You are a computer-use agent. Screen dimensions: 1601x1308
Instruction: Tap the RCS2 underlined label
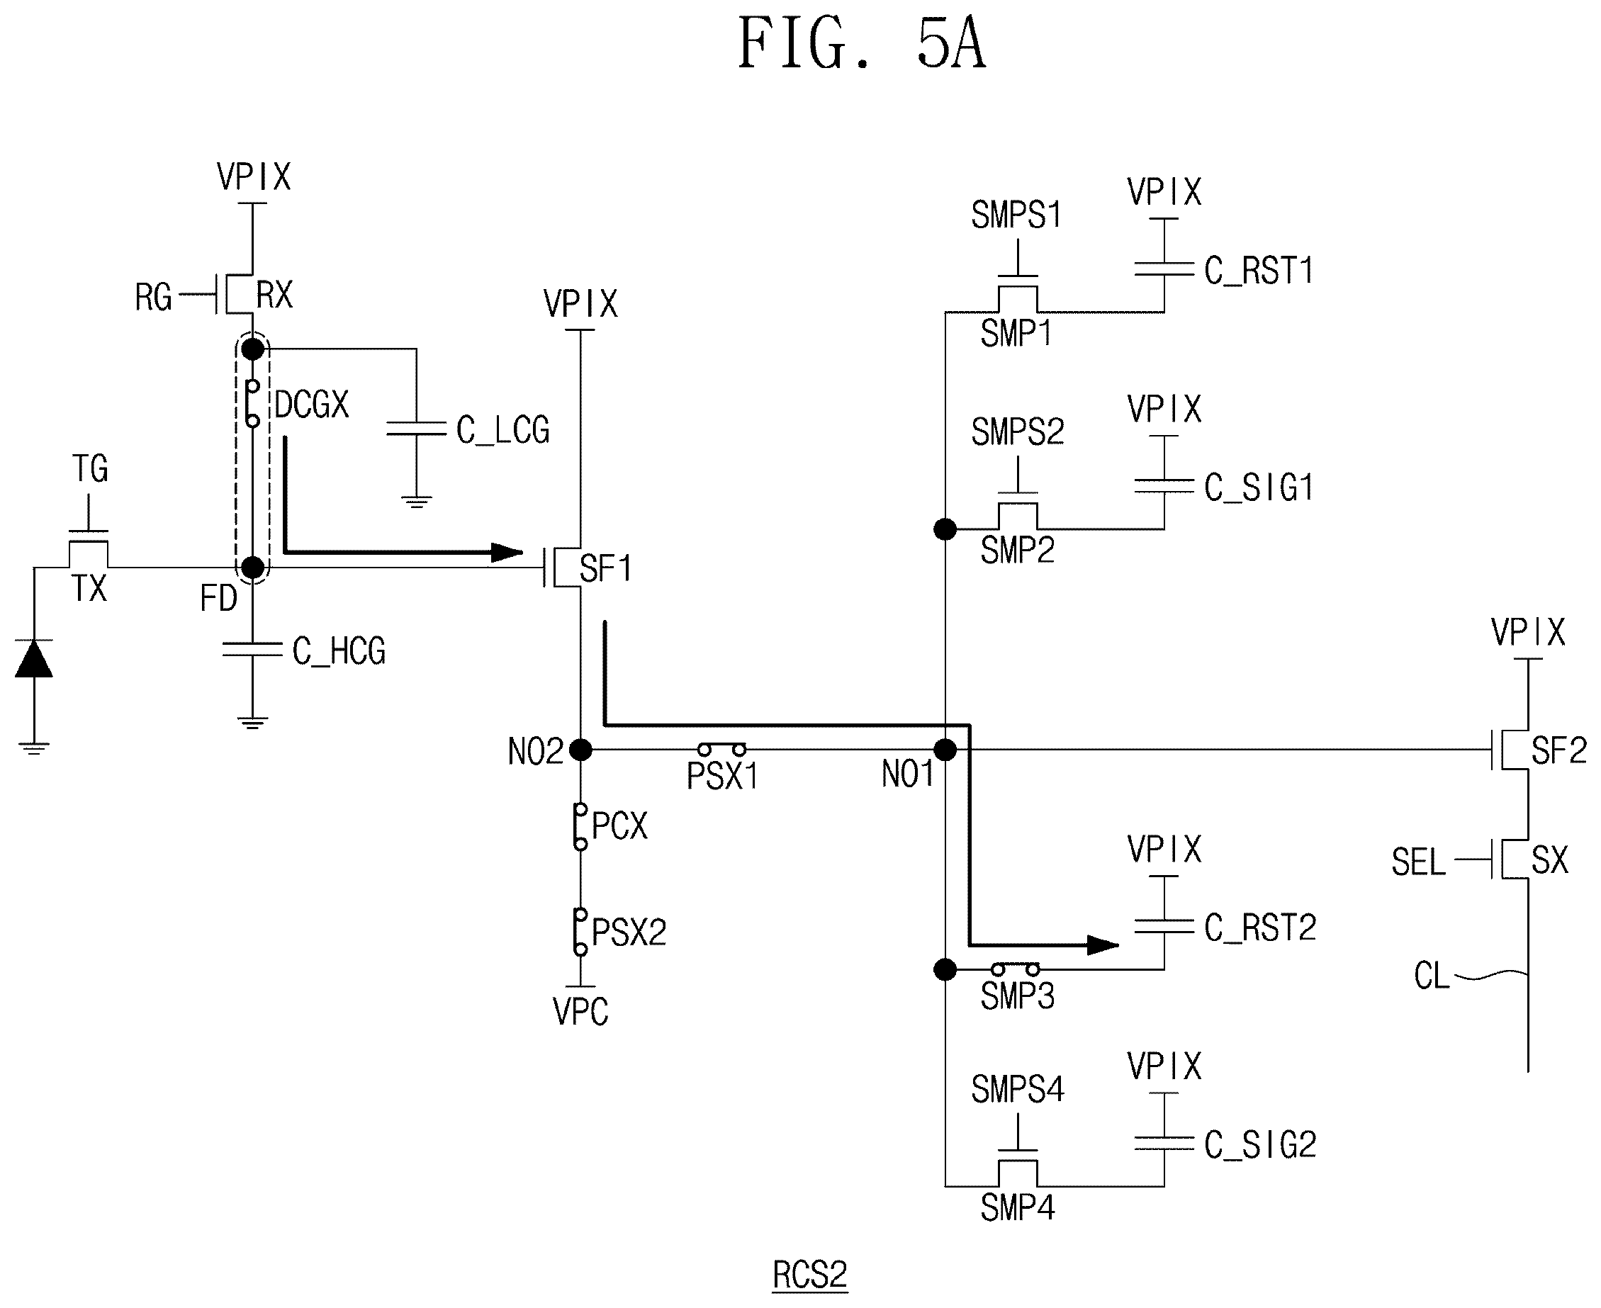810,1275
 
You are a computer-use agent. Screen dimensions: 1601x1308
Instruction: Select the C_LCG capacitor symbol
416,429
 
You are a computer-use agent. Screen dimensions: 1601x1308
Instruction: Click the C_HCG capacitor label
339,651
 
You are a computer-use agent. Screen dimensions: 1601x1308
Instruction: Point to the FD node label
218,599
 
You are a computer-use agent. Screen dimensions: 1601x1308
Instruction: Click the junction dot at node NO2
580,750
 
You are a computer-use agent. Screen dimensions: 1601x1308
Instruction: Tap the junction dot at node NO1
945,750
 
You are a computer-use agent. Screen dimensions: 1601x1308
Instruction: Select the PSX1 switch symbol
721,750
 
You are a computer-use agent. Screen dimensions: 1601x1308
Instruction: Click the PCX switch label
620,825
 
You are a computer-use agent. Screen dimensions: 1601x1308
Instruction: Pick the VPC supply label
580,1012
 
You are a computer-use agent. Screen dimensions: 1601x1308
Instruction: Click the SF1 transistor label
606,568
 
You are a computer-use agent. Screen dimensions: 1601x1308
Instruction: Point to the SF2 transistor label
1558,751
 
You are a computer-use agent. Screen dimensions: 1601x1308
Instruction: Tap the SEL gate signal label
1419,862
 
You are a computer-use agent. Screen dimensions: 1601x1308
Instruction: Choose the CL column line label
1432,976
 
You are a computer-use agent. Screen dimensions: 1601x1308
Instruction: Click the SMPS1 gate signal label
1017,215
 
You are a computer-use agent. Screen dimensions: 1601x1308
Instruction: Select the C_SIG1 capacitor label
1259,487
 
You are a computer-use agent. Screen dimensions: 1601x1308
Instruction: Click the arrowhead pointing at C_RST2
1103,945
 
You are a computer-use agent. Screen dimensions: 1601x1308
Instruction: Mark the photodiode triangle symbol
34,658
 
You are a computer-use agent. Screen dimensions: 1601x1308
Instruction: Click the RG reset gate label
153,298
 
